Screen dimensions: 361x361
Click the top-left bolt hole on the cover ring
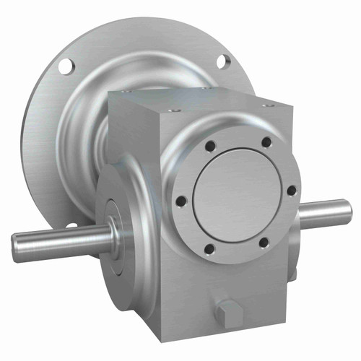[209, 146]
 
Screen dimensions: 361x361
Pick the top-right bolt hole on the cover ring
[266, 141]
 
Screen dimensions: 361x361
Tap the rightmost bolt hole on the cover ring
[291, 191]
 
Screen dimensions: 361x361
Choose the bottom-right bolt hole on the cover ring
[264, 242]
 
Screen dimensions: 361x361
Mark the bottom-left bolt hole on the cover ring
[209, 249]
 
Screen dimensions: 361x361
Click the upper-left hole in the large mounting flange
[66, 66]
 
